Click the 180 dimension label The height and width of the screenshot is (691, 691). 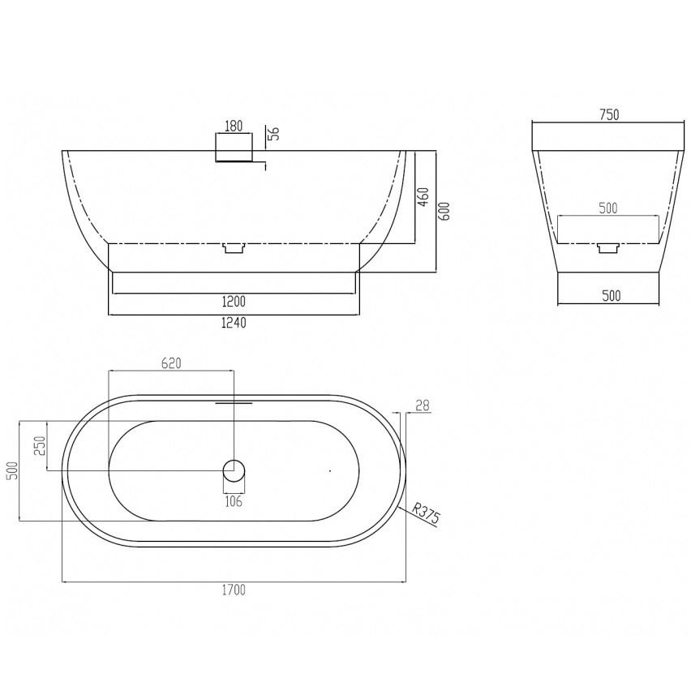pyautogui.click(x=234, y=126)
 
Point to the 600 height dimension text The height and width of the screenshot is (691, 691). pyautogui.click(x=444, y=211)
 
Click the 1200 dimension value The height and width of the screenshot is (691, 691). pyautogui.click(x=234, y=302)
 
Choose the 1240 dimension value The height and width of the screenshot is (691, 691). pyautogui.click(x=234, y=323)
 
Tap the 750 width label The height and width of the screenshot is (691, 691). pyautogui.click(x=609, y=114)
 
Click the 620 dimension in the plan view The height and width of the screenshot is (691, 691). pyautogui.click(x=171, y=363)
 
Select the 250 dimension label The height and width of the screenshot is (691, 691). pyautogui.click(x=40, y=445)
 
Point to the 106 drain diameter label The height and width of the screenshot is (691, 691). pyautogui.click(x=234, y=501)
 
